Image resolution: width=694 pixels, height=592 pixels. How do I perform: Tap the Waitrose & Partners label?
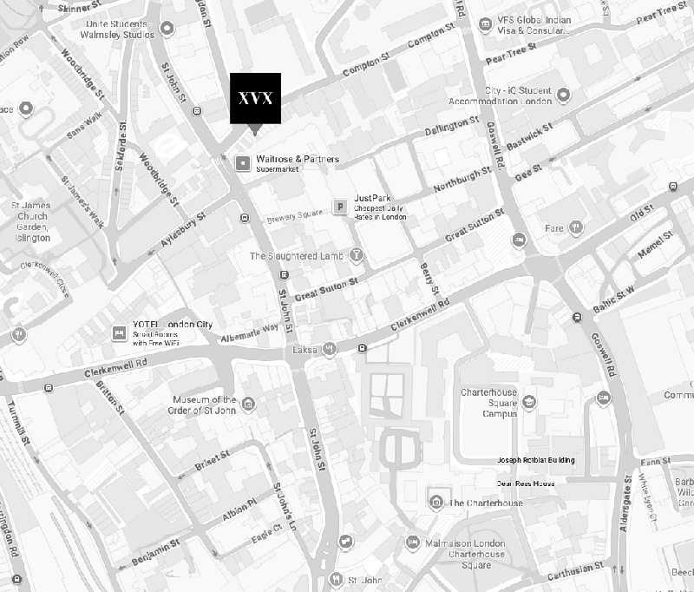pyautogui.click(x=298, y=160)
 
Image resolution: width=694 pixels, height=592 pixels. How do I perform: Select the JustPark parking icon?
pyautogui.click(x=341, y=207)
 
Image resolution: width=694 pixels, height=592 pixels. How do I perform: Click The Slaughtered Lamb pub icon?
pyautogui.click(x=356, y=256)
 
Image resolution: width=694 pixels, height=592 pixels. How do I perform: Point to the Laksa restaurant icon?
pyautogui.click(x=330, y=349)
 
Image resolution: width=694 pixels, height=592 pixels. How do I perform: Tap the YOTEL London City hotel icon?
pyautogui.click(x=119, y=332)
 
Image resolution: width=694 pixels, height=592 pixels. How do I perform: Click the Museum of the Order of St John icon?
pyautogui.click(x=249, y=403)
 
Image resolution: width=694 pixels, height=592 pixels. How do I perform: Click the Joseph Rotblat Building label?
pyautogui.click(x=535, y=460)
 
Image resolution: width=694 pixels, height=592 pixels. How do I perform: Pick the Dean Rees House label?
pyautogui.click(x=526, y=483)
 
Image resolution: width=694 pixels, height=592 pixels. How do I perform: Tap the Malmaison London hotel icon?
pyautogui.click(x=413, y=543)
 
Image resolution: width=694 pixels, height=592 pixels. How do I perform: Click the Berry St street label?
pyautogui.click(x=428, y=277)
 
